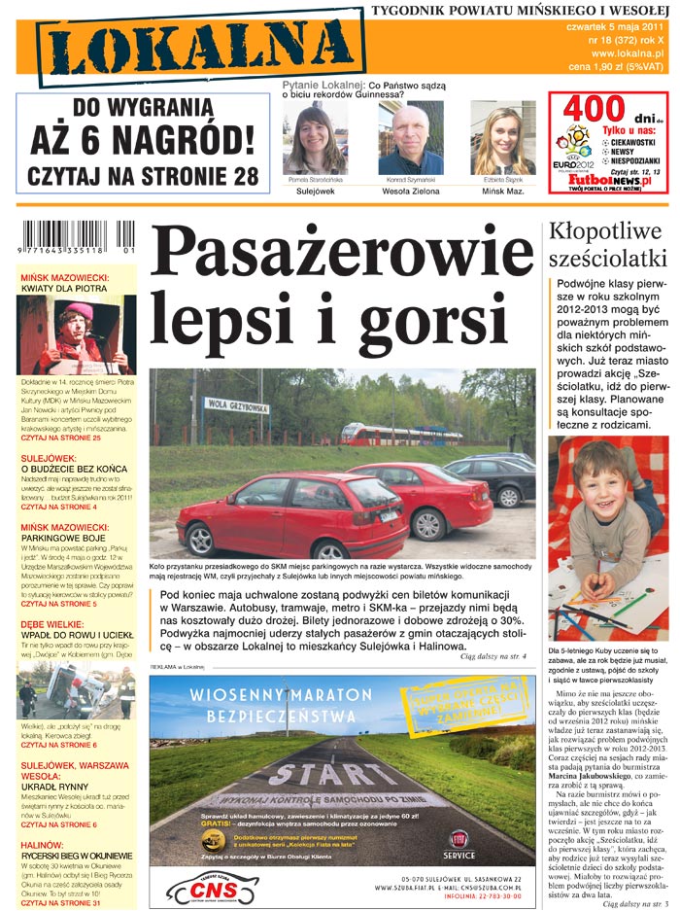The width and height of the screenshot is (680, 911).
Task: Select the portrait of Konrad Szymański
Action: point(410,139)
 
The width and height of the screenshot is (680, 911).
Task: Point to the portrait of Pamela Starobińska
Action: point(317,139)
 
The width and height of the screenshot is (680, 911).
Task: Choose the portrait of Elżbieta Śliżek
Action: point(503,139)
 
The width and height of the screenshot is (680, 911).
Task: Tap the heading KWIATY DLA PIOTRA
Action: point(63,289)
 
